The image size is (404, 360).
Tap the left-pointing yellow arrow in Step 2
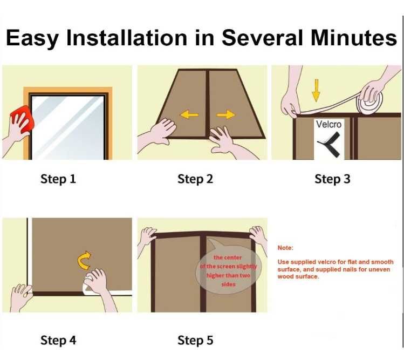(189, 114)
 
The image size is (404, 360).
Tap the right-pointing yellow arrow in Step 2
(225, 114)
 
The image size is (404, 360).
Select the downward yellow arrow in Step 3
(316, 90)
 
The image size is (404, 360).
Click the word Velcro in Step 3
(329, 124)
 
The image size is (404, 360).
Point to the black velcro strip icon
(329, 145)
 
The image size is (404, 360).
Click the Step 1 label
(58, 179)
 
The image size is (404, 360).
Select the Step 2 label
(195, 179)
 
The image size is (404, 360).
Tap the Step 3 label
(332, 179)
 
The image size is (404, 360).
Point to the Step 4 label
(58, 340)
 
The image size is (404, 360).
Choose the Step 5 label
(195, 340)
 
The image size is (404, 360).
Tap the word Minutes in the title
(353, 38)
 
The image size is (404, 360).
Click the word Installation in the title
(126, 38)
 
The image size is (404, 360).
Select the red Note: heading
(285, 248)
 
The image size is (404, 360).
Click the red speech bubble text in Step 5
(228, 271)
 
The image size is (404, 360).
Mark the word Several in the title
(262, 38)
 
